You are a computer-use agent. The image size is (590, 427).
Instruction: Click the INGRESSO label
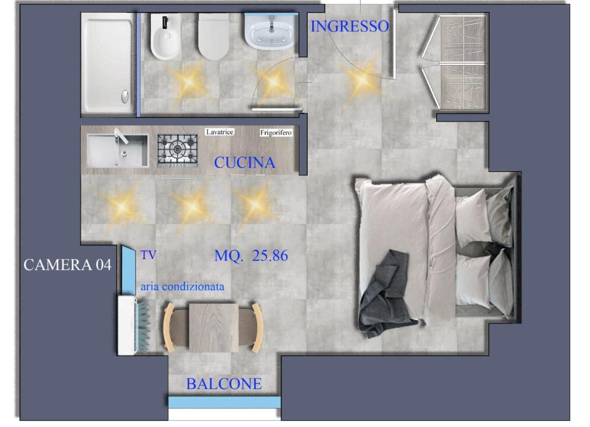(x=350, y=26)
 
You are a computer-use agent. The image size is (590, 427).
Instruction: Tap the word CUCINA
(x=244, y=162)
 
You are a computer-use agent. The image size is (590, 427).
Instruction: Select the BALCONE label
(x=224, y=384)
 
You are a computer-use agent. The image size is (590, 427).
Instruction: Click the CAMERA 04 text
(x=67, y=265)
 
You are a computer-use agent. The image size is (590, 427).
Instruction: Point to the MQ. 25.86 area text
(x=251, y=256)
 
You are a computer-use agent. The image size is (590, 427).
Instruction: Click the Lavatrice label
(x=220, y=132)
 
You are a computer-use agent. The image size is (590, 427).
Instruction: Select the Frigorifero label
(x=276, y=132)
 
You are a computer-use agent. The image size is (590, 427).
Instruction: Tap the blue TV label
(x=148, y=256)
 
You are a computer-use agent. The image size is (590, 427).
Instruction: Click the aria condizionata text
(x=183, y=287)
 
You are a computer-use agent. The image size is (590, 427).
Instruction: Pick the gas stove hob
(x=177, y=150)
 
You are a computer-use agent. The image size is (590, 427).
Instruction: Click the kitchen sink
(x=118, y=151)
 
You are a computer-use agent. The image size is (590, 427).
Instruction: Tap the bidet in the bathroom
(x=165, y=37)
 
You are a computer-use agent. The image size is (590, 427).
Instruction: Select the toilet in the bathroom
(x=213, y=37)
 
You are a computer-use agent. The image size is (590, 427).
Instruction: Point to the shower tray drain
(x=125, y=96)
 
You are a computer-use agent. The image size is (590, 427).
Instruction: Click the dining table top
(x=214, y=328)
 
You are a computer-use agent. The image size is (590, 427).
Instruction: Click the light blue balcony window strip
(x=224, y=402)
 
